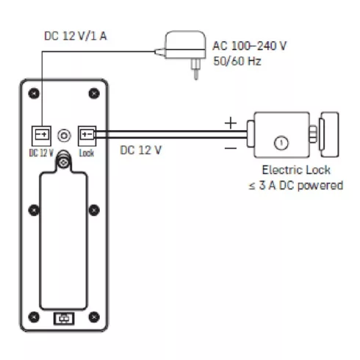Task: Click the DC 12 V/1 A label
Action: pos(76,36)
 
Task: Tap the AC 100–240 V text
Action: pos(250,46)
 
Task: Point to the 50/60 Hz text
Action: pos(237,61)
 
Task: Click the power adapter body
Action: pos(185,45)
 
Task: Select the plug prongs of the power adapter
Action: pos(195,69)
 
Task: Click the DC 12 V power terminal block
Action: pos(41,136)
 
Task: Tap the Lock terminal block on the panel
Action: pos(87,136)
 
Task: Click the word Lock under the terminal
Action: pos(87,153)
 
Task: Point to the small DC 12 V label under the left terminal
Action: pos(41,153)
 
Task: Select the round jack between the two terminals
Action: pos(64,135)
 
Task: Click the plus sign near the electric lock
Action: pos(231,123)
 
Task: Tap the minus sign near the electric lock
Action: pos(231,148)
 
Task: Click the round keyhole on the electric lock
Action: pos(281,143)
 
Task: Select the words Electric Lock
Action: pos(296,170)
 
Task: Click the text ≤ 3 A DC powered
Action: pos(295,185)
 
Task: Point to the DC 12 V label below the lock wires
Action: pos(141,150)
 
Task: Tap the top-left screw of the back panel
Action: pos(34,93)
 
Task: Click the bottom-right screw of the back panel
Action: pos(94,317)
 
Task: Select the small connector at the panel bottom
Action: pos(64,319)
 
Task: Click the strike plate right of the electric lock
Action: pos(329,134)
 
